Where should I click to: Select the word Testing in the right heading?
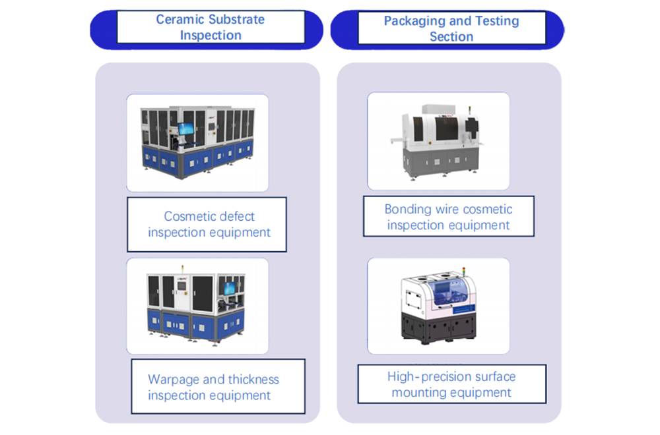tap(496, 20)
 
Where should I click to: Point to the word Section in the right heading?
tap(451, 37)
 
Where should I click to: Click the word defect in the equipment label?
tap(234, 216)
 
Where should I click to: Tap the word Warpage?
tap(174, 380)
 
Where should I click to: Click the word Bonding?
tap(407, 210)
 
